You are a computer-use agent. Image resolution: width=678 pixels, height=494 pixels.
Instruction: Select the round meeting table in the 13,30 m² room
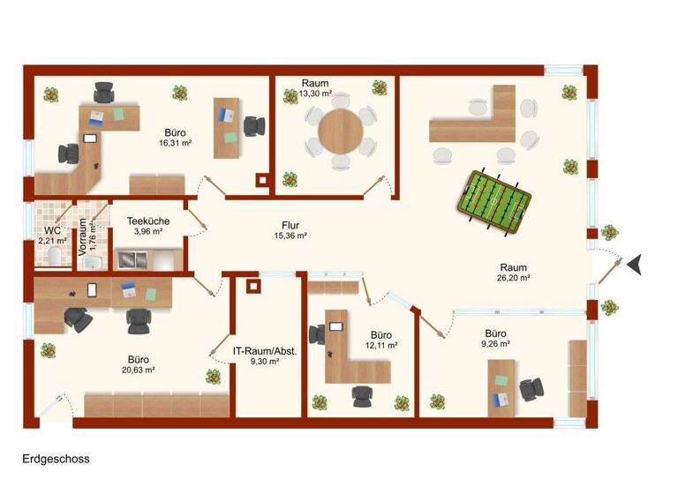(x=340, y=131)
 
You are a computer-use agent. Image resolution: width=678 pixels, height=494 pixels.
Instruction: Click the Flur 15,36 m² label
(x=290, y=230)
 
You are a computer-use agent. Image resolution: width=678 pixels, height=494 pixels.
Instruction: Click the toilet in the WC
(x=55, y=256)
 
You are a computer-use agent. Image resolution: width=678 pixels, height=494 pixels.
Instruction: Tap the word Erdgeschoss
(x=56, y=459)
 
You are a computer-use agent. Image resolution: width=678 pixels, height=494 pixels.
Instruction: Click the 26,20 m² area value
(x=513, y=278)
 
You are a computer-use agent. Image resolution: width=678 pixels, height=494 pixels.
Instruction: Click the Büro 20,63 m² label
(x=138, y=364)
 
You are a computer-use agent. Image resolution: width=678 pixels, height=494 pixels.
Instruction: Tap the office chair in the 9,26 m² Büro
(x=531, y=388)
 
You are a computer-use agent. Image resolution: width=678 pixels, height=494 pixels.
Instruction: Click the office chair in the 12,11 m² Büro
(x=318, y=335)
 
